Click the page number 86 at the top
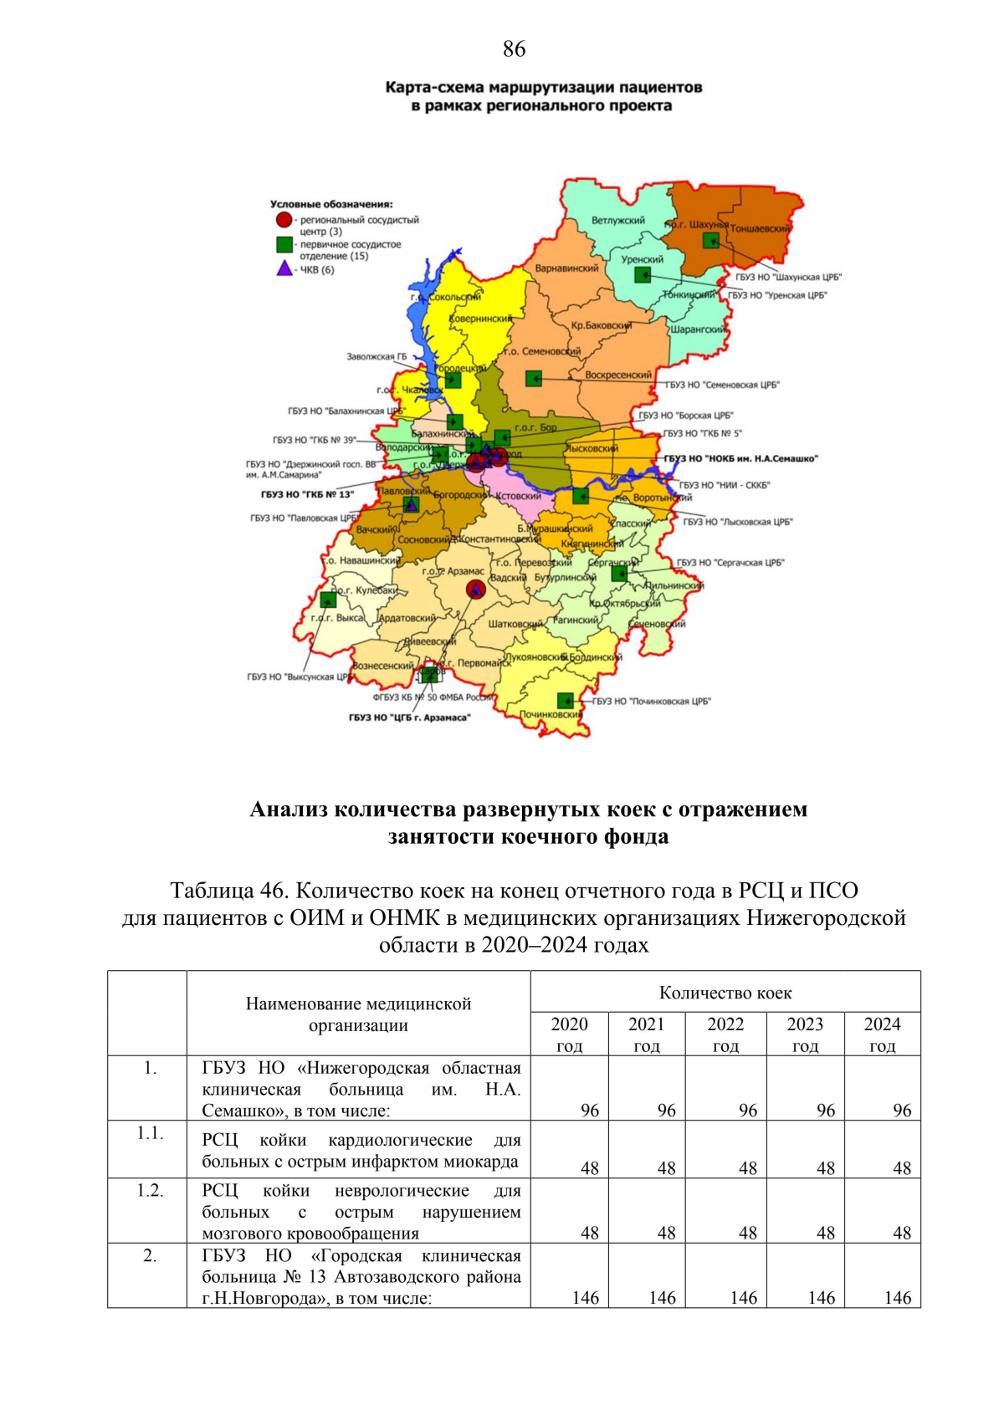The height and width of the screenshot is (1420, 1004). (514, 49)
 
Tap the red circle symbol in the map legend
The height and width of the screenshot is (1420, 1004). (284, 220)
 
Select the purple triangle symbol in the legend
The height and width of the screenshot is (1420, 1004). (284, 268)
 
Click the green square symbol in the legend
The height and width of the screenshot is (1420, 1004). (284, 244)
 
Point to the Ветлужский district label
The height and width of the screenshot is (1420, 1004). (618, 221)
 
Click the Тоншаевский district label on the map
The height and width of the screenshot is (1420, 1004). (761, 228)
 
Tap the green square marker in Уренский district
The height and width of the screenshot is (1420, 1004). (642, 274)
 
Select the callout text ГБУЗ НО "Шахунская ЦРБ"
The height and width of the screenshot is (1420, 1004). (788, 277)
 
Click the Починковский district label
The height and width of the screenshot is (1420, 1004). (551, 714)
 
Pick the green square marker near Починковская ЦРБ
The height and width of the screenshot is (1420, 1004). (566, 700)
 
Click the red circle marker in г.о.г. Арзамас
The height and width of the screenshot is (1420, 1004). (475, 590)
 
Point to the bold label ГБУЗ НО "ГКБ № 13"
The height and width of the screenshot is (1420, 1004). (307, 494)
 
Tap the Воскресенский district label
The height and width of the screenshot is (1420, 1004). (617, 375)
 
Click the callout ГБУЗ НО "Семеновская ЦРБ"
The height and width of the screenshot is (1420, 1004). (722, 385)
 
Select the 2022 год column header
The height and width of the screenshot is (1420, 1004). (725, 1034)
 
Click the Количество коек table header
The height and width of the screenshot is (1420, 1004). (725, 993)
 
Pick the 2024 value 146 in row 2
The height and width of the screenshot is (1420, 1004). (897, 1297)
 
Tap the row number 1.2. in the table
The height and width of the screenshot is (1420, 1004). (150, 1190)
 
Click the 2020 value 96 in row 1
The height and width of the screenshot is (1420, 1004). (589, 1110)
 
